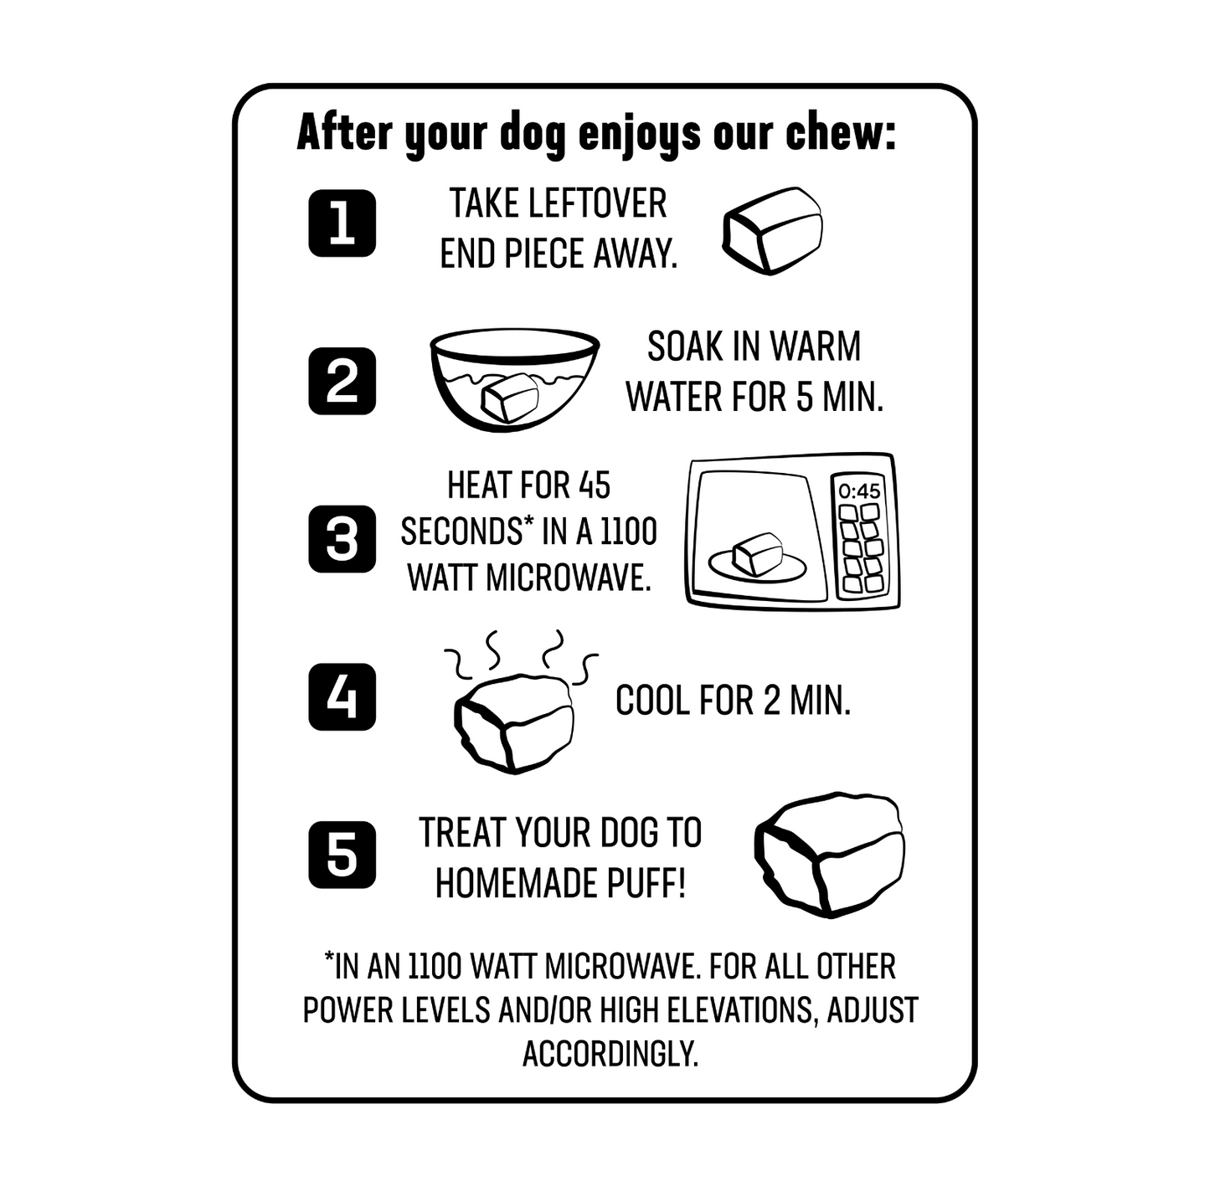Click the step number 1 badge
pyautogui.click(x=342, y=223)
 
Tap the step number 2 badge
pyautogui.click(x=342, y=381)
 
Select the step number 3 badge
pyautogui.click(x=342, y=539)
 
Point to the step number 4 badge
pyautogui.click(x=342, y=696)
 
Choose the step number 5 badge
pyautogui.click(x=342, y=855)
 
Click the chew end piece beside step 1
pyautogui.click(x=773, y=231)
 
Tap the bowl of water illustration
pyautogui.click(x=515, y=380)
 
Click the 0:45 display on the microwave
pyautogui.click(x=859, y=491)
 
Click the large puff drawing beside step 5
pyautogui.click(x=830, y=859)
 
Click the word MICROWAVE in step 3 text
pyautogui.click(x=569, y=578)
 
